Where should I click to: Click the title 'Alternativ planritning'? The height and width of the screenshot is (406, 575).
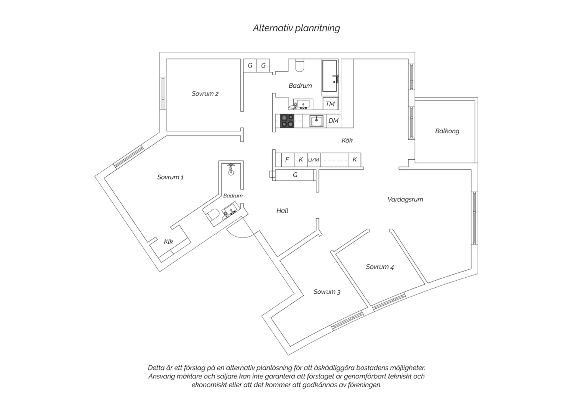(296, 28)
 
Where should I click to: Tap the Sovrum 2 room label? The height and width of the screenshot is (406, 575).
(205, 93)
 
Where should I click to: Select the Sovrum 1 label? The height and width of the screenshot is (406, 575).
(171, 177)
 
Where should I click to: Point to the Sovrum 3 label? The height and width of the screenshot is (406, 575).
(327, 292)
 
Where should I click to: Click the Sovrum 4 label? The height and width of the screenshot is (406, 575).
(379, 267)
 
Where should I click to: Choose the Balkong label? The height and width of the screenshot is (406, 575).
(447, 131)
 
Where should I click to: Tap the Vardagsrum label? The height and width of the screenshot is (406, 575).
(405, 199)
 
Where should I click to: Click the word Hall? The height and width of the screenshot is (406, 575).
(283, 211)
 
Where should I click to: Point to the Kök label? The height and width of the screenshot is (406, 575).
(347, 140)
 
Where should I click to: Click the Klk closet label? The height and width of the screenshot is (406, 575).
(168, 242)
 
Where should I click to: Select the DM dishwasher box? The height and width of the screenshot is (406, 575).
(333, 121)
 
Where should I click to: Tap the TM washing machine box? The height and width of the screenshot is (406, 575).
(330, 104)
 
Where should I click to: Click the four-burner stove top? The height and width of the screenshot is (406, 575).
(287, 121)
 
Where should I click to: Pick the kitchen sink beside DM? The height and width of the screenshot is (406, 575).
(316, 121)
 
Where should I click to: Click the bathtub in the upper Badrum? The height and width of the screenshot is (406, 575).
(330, 76)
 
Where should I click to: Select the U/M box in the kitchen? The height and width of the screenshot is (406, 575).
(314, 160)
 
